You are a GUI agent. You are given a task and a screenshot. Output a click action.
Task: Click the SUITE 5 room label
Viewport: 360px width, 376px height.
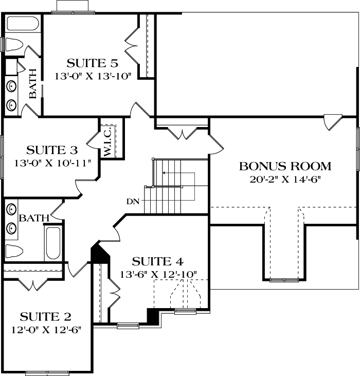93,64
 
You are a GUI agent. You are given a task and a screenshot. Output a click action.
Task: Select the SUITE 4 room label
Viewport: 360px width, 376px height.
157,261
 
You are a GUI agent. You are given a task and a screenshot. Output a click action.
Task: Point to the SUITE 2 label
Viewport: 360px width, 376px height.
45,315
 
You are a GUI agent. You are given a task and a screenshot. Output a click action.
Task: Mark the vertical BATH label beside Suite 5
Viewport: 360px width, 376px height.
33,83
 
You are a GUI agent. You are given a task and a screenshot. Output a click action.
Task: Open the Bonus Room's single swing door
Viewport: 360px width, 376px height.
332,122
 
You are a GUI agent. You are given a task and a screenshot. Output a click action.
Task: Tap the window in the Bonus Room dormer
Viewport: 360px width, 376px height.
284,280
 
